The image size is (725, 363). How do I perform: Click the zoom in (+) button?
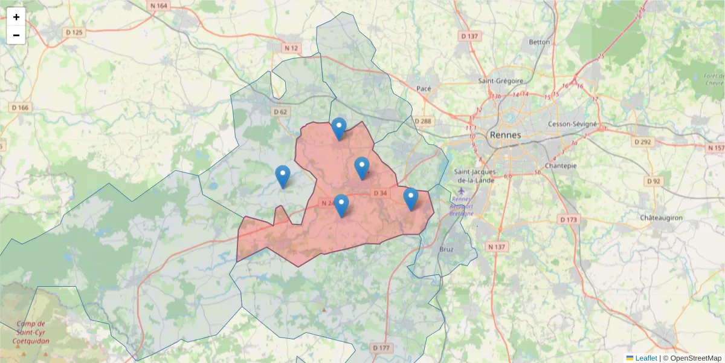point(16,17)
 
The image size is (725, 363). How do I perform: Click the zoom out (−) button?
point(16,35)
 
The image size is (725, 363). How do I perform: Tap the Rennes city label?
point(505,135)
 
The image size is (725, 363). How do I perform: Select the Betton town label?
point(540,42)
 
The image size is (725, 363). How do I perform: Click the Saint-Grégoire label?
point(499,80)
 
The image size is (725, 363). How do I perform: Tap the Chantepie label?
point(561,165)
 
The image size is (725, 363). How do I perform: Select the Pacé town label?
point(424,88)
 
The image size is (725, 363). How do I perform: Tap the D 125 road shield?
point(74,31)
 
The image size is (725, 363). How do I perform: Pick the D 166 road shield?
point(20,107)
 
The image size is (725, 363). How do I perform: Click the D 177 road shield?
point(381,348)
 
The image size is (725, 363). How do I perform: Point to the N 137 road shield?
point(497,247)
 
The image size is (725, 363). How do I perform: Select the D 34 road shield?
point(379,193)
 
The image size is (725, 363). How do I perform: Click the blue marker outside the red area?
point(282,176)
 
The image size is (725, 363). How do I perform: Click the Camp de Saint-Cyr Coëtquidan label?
point(31,332)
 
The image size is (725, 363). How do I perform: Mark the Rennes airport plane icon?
point(462,191)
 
